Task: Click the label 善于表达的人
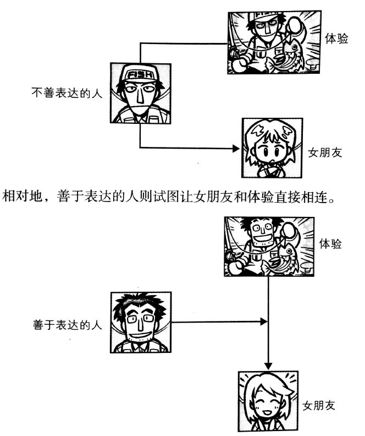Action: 64,325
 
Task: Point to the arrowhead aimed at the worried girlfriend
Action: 236,149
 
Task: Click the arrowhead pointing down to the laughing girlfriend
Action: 268,365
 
